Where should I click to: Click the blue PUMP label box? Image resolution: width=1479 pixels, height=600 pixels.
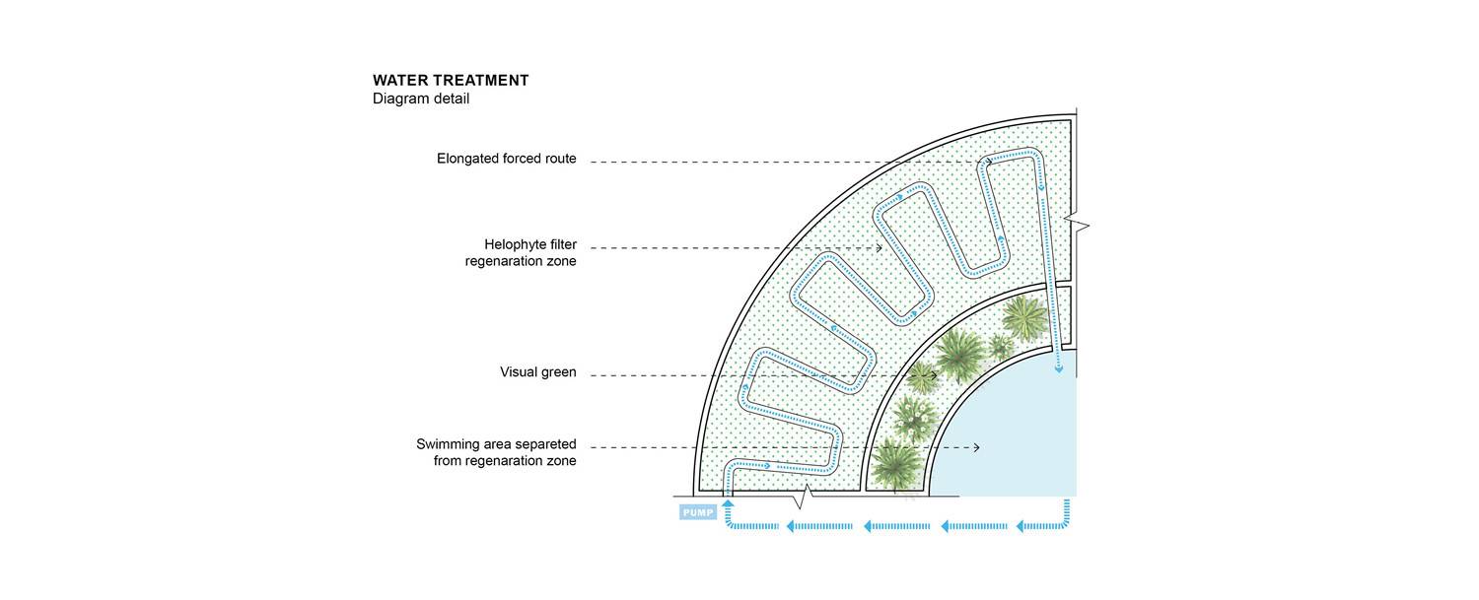tap(697, 512)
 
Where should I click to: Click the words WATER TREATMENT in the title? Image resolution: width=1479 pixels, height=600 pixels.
tap(451, 81)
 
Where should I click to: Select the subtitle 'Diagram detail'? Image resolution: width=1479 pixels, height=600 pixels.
tap(421, 99)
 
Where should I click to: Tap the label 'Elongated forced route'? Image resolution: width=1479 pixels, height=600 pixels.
tap(507, 159)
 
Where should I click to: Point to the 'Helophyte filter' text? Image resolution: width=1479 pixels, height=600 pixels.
tap(529, 244)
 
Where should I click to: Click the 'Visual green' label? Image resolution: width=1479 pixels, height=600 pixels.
tap(537, 372)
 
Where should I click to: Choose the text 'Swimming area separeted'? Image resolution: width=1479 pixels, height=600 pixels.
tap(496, 444)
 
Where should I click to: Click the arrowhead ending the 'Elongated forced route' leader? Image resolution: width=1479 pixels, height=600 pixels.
tap(989, 162)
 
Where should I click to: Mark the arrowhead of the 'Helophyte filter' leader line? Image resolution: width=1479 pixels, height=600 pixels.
tap(879, 248)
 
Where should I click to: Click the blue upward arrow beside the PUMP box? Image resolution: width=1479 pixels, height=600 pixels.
tap(728, 504)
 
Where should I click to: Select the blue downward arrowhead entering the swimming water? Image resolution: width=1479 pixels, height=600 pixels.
tap(1059, 369)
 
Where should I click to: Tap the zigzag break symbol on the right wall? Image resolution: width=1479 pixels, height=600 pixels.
tap(1081, 228)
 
